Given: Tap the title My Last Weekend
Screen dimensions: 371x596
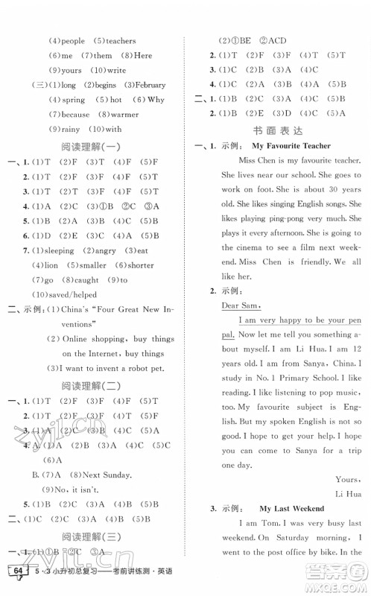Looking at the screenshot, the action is tap(288, 508).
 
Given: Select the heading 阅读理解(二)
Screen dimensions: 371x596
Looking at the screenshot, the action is tap(93, 385).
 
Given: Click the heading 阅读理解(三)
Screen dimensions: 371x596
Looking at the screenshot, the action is tap(93, 535).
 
